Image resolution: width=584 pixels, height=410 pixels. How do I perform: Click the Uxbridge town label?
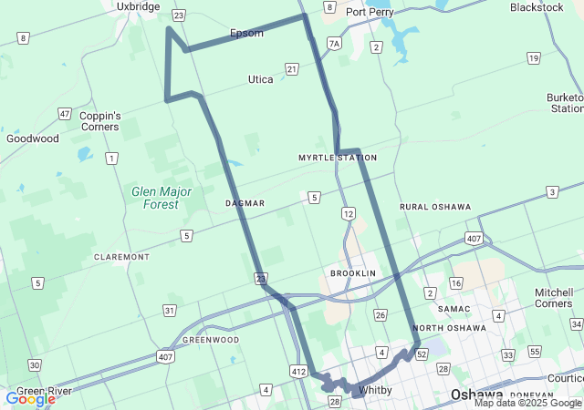(x=139, y=6)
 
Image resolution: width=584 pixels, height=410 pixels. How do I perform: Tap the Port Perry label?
(x=370, y=12)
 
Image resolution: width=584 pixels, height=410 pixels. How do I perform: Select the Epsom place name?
(x=246, y=34)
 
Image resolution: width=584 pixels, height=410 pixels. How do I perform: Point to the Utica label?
(x=261, y=79)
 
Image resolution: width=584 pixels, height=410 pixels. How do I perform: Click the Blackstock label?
(x=537, y=7)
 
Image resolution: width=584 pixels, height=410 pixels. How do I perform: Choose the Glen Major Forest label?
(x=162, y=198)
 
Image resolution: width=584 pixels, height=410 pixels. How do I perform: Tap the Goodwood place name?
(x=33, y=138)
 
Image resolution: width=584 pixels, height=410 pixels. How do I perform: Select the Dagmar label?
(x=245, y=203)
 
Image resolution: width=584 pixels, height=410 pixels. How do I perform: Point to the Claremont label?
(x=121, y=257)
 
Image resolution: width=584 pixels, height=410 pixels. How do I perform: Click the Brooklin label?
(x=353, y=273)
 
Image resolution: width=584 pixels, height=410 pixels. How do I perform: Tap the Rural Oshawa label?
(x=435, y=207)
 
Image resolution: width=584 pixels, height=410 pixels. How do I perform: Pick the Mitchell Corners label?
(x=554, y=298)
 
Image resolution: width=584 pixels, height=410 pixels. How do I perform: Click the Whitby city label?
(x=375, y=390)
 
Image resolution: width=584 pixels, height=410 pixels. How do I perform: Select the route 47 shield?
(x=64, y=114)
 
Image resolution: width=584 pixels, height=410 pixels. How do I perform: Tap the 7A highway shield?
(x=335, y=43)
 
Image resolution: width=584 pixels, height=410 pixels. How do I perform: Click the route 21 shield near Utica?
(x=291, y=69)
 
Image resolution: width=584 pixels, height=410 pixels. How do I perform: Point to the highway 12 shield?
(x=348, y=213)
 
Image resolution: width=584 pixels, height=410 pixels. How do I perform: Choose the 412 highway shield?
(x=297, y=371)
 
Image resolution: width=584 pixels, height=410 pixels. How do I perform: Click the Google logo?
(x=30, y=399)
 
